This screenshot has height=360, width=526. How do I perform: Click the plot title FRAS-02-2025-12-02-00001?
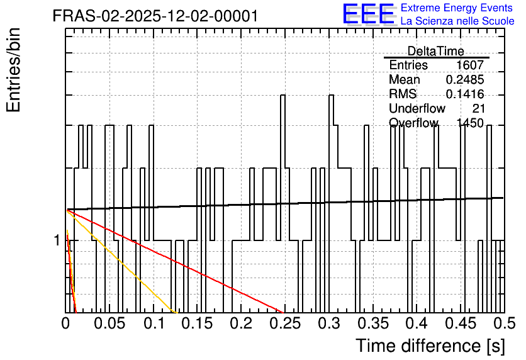pos(155,16)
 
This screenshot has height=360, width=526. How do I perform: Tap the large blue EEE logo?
pos(369,14)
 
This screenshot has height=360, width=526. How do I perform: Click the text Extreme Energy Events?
pos(457,8)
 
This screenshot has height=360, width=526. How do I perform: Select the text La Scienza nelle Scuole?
pos(457,21)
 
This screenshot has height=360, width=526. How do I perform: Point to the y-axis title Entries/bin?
pos(14,70)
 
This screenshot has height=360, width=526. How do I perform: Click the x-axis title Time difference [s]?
pos(430,346)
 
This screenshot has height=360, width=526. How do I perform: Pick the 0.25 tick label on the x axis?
pos(285,323)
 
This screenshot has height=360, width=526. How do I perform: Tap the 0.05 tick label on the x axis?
pos(109,323)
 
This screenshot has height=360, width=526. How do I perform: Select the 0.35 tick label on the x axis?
pos(373,323)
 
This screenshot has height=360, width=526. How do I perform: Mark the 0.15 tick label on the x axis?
pos(198,323)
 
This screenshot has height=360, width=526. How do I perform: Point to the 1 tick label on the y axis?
pos(57,240)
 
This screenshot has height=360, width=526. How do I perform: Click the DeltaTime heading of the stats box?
pos(436,51)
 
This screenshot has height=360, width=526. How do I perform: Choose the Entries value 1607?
pos(470,65)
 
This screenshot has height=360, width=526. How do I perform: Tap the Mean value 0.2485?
pos(465,79)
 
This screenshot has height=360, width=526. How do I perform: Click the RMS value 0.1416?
pos(465,94)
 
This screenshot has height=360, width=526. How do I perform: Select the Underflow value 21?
pos(478,108)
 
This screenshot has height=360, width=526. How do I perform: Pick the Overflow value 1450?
pos(470,123)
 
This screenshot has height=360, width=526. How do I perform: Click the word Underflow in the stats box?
pos(417,108)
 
